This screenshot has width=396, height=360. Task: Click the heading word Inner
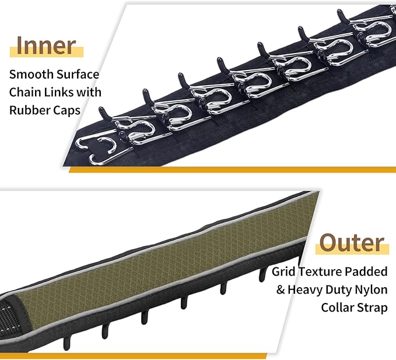[46, 45]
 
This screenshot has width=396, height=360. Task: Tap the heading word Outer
[352, 242]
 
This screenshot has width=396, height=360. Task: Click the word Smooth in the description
[31, 74]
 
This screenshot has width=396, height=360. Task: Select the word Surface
[78, 74]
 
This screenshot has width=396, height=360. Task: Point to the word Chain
[25, 92]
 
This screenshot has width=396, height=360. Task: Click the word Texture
[321, 271]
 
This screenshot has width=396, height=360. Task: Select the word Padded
[366, 271]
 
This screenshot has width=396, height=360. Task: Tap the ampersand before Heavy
[281, 290]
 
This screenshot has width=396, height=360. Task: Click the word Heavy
[305, 290]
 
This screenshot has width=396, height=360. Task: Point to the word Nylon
[372, 290]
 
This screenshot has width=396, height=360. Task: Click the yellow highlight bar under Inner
[47, 52]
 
